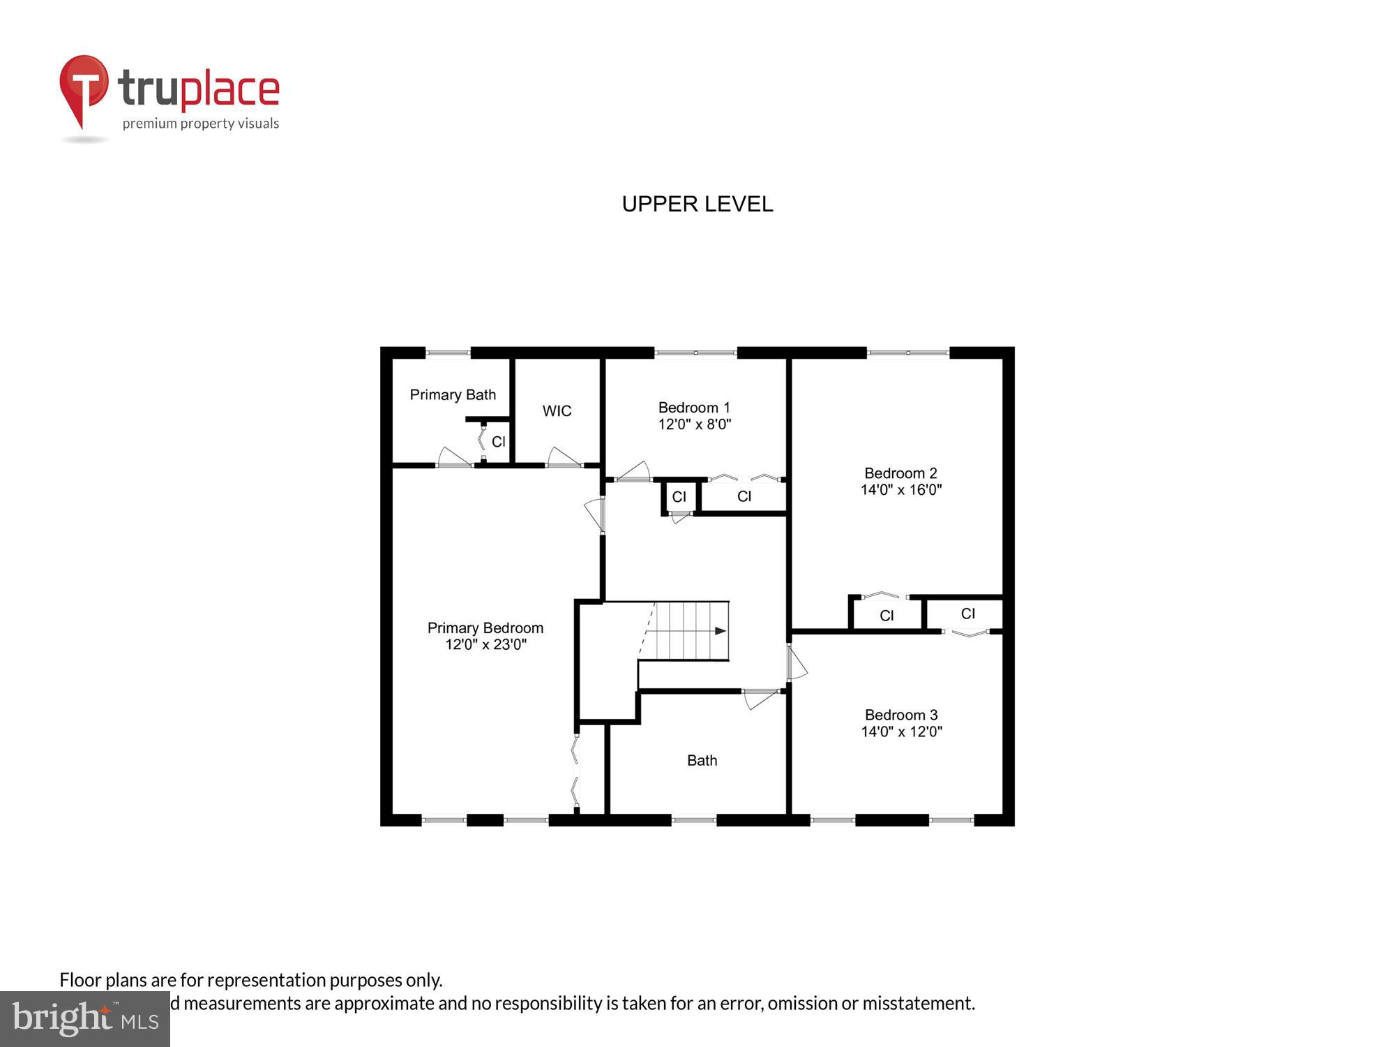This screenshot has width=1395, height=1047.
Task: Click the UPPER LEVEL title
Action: [697, 204]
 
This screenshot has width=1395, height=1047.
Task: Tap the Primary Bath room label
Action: [453, 395]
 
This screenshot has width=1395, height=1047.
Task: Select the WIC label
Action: [557, 411]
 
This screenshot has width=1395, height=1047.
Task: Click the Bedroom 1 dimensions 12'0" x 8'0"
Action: [694, 424]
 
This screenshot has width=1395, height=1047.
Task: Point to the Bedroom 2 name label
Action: [900, 473]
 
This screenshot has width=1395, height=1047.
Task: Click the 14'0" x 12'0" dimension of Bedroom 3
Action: [901, 732]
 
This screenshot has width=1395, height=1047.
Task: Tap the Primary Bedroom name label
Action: [485, 628]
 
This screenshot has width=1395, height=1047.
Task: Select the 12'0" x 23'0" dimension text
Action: [485, 644]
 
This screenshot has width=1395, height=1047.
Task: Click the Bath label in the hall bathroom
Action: [702, 761]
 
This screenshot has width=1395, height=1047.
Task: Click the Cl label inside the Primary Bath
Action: [498, 442]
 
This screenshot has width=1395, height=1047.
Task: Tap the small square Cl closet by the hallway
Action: [679, 497]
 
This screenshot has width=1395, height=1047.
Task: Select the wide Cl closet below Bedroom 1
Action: [744, 496]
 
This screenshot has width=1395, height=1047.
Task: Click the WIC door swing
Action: [563, 457]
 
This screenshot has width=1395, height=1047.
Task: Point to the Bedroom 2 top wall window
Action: [907, 353]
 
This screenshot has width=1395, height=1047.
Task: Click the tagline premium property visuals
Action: [201, 124]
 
